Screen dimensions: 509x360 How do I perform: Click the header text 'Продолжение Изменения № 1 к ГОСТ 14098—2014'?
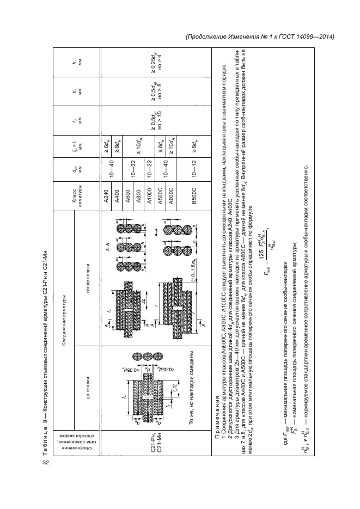click(x=259, y=37)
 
